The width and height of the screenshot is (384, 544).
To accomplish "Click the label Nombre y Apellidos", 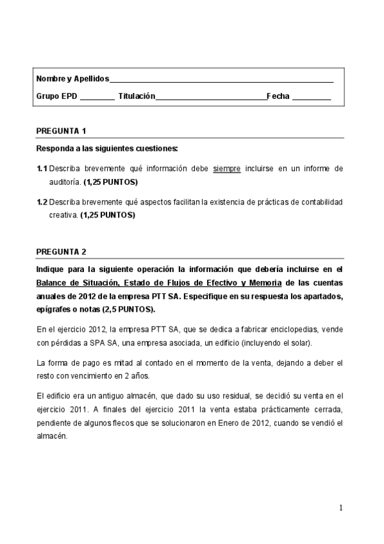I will tap(72, 80).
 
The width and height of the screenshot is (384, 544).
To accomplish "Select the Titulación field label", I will tap(137, 96).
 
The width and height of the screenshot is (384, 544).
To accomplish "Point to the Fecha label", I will tap(278, 96).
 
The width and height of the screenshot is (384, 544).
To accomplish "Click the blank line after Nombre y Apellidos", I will tap(221, 81).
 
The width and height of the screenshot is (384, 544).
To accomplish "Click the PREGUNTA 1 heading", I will tap(61, 132).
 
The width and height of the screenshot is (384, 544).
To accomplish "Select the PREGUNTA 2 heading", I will tap(61, 252).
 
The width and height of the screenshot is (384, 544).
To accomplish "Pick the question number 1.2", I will tap(42, 202).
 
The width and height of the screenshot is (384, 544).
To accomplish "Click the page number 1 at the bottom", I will tap(342, 508).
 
